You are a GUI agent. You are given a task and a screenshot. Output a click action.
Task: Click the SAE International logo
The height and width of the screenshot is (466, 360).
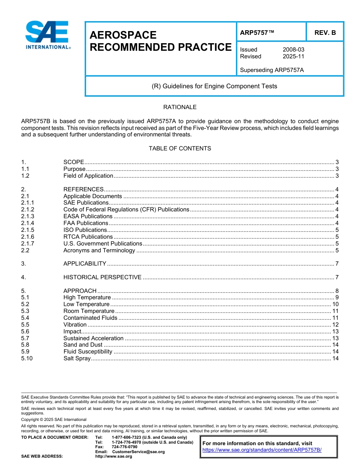tap(47, 35)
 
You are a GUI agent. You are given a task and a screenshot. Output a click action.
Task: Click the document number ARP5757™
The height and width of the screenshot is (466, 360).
tap(257, 33)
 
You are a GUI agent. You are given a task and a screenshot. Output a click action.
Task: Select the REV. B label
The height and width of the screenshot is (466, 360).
tap(325, 33)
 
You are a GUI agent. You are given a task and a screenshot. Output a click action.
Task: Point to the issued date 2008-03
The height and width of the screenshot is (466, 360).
tap(293, 50)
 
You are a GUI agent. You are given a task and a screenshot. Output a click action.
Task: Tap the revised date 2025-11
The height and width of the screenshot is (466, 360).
tap(293, 56)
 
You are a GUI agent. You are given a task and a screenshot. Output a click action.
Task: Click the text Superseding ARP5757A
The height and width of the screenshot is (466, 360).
tap(272, 70)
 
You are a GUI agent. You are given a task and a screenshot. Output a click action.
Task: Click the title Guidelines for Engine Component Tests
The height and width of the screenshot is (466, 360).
tap(214, 86)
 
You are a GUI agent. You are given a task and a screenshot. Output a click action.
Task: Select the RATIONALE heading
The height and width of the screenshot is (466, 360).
tap(180, 107)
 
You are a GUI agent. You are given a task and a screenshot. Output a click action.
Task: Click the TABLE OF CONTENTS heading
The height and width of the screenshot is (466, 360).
tap(180, 148)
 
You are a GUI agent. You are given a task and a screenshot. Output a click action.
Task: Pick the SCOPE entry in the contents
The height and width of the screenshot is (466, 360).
tap(74, 162)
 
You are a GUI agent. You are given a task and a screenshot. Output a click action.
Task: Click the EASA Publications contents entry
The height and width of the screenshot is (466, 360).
tap(88, 216)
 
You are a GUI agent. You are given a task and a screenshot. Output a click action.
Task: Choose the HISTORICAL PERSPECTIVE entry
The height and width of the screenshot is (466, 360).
tap(102, 277)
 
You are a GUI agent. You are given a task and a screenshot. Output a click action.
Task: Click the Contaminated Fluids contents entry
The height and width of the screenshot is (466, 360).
tap(90, 318)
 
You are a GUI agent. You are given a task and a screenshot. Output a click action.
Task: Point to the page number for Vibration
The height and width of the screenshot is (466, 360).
tap(335, 325)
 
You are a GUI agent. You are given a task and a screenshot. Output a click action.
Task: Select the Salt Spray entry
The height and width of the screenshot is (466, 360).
tap(77, 358)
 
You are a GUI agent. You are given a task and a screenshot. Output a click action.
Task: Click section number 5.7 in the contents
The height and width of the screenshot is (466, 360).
tap(25, 338)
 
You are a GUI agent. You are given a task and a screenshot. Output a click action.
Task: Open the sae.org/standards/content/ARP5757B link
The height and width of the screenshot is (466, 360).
tap(262, 450)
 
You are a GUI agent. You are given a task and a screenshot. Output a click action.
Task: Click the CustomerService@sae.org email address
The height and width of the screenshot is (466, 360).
tap(138, 452)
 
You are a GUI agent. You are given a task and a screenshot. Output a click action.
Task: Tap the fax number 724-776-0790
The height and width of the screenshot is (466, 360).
tap(124, 447)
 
